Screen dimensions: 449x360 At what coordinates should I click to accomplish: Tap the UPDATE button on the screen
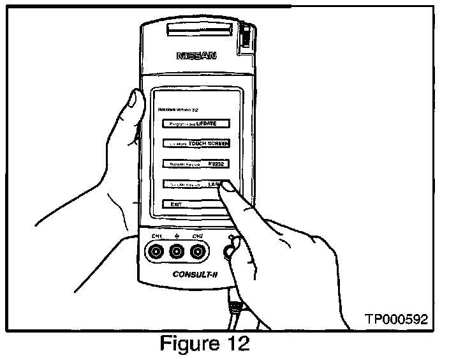[x=194, y=123]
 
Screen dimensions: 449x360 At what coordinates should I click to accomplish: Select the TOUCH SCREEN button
[x=195, y=144]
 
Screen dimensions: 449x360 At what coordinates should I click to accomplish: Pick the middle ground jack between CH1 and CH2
[x=177, y=253]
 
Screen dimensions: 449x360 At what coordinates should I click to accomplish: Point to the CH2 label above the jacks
[x=198, y=237]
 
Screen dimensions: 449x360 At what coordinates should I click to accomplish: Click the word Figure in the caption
[x=186, y=344]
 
